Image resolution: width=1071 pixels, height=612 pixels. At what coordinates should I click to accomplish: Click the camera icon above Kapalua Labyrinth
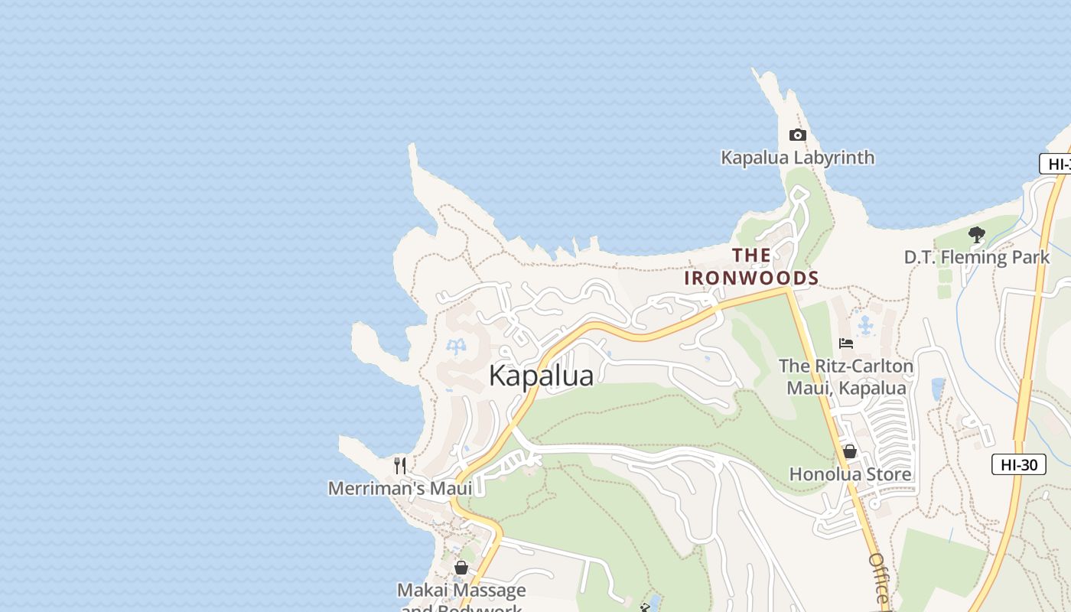click(x=798, y=135)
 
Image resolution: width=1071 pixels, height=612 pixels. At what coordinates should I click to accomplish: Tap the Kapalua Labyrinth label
click(x=798, y=158)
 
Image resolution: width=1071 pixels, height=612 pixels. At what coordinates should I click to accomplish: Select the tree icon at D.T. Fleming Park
click(x=976, y=235)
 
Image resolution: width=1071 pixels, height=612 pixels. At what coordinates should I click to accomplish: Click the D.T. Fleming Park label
click(x=977, y=257)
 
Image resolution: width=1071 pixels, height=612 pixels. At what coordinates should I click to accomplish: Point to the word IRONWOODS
click(x=751, y=278)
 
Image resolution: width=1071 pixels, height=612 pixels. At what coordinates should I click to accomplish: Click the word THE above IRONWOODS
click(x=751, y=255)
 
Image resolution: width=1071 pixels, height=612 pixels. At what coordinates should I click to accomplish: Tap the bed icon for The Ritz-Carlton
click(x=846, y=343)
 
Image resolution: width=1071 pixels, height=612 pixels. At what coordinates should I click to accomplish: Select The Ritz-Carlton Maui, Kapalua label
click(x=846, y=376)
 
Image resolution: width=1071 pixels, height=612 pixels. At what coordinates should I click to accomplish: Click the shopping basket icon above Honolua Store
click(x=849, y=452)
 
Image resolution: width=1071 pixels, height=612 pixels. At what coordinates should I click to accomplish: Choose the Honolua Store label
click(x=850, y=474)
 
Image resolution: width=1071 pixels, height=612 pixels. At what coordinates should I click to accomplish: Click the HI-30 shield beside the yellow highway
click(x=1018, y=464)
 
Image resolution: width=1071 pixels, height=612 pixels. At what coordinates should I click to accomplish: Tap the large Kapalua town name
click(x=541, y=376)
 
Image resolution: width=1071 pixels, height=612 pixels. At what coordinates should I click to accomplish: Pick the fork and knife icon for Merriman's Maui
click(x=399, y=465)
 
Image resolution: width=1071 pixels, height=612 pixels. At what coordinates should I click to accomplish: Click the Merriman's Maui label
click(x=400, y=488)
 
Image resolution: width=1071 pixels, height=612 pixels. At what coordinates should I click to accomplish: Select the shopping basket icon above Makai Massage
click(x=461, y=568)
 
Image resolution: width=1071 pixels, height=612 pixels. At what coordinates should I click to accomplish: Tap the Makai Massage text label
click(x=461, y=591)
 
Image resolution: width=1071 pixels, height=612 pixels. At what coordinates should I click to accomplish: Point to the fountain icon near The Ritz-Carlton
click(x=865, y=326)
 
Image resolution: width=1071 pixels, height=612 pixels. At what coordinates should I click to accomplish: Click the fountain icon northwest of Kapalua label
click(x=456, y=347)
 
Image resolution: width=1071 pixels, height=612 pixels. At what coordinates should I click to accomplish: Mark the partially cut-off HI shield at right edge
click(x=1056, y=164)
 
